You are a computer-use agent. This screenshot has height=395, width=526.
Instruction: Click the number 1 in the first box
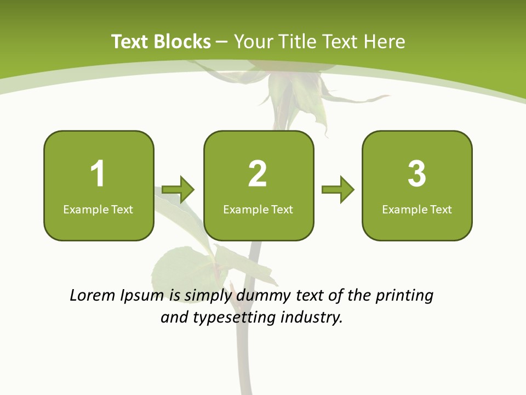pyautogui.click(x=98, y=174)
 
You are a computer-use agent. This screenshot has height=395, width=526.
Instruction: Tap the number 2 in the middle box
pyautogui.click(x=258, y=174)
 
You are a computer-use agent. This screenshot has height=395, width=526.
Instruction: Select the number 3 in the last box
pyautogui.click(x=417, y=174)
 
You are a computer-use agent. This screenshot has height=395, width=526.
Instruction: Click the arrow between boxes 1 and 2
pyautogui.click(x=178, y=190)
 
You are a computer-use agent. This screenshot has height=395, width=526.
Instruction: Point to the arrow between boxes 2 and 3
pyautogui.click(x=338, y=190)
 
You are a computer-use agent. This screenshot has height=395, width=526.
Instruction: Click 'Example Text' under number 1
pyautogui.click(x=98, y=209)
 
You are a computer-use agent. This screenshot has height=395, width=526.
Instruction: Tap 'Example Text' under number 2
pyautogui.click(x=258, y=209)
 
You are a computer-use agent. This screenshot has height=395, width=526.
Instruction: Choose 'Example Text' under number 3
pyautogui.click(x=417, y=209)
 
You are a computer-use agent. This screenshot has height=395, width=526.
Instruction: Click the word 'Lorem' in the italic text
pyautogui.click(x=92, y=296)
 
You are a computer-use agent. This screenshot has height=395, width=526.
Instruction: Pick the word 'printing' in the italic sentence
pyautogui.click(x=404, y=296)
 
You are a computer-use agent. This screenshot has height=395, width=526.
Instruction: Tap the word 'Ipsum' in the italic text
pyautogui.click(x=142, y=296)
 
